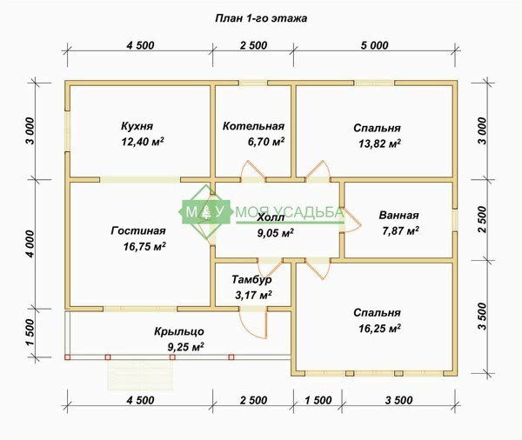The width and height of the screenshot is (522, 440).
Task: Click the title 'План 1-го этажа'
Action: coord(261,18)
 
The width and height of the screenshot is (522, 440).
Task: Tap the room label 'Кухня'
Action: coord(137,126)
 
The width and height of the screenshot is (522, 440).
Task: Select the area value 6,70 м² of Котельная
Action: coord(266,142)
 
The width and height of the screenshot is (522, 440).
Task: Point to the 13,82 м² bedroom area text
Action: coord(379,143)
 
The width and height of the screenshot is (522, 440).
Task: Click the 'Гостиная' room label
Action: coord(138,230)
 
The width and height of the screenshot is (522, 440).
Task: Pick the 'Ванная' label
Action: coord(398,215)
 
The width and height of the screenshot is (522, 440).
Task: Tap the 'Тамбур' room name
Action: coord(251,280)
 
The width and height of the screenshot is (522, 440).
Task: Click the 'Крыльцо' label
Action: coord(179,331)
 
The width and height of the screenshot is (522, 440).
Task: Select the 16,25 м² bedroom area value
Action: coord(379,328)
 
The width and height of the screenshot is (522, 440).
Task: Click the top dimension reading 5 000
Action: coord(374,45)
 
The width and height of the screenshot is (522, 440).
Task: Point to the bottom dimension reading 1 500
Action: coord(318,400)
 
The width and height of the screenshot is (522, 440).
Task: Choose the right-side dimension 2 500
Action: coord(482,220)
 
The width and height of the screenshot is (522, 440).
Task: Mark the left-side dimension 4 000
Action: coord(30,244)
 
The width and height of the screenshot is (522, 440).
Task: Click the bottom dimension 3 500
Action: coord(398,400)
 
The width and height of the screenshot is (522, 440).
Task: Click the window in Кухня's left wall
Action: coord(67,131)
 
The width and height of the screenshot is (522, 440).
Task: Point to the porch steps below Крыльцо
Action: coord(140,375)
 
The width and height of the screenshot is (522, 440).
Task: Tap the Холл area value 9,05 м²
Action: coord(275,233)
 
